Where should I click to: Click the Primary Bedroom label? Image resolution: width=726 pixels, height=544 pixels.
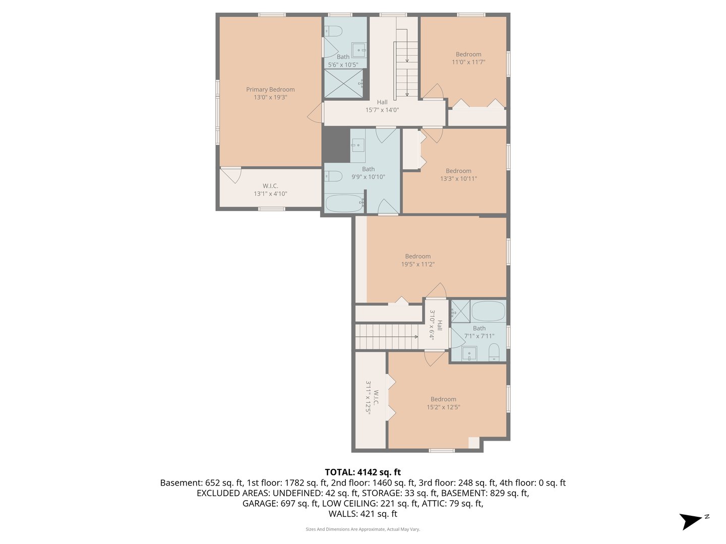point(270,90)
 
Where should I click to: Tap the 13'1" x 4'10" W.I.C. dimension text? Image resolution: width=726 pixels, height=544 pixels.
point(270,194)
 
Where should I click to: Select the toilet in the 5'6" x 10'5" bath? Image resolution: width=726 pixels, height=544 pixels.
point(333,32)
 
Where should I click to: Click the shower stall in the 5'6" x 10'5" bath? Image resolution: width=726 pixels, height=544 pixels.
point(343,84)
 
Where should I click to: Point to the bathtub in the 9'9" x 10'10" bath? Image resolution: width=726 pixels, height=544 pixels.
point(344,203)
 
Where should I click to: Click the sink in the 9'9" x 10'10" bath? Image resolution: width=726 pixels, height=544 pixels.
point(358,145)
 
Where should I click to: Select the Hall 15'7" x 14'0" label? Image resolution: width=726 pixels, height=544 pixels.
point(382,106)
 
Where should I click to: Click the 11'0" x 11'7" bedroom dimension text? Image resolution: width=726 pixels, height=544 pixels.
point(468,62)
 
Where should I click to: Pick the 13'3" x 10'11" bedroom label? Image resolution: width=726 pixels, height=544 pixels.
point(458,175)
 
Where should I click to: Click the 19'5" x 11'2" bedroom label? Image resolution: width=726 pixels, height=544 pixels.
point(417,260)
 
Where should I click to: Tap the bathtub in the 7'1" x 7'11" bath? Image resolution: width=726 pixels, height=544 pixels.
point(488,311)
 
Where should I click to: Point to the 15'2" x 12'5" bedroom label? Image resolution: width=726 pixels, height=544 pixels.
point(443,403)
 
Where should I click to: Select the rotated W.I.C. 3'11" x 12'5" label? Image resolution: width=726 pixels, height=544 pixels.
point(372,397)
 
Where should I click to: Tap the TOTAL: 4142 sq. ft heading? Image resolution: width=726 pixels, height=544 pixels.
point(362,472)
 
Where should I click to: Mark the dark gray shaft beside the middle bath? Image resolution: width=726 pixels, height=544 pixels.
point(336,145)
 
